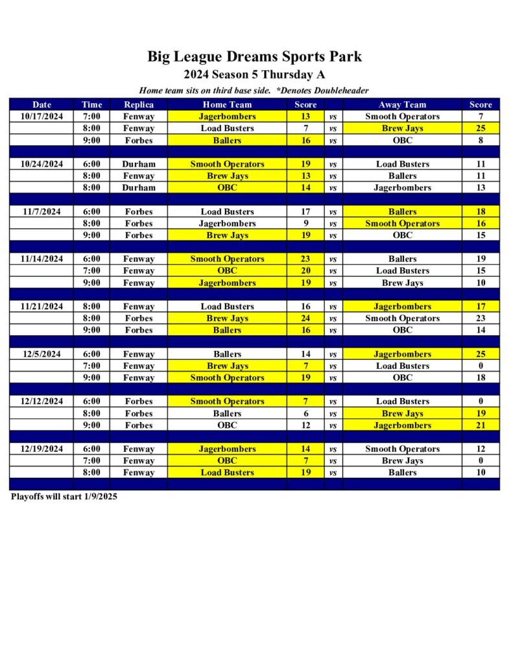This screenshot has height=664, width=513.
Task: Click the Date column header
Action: click(x=42, y=104)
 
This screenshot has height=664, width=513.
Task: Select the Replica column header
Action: click(x=139, y=104)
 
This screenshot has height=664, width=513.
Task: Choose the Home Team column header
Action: click(x=227, y=104)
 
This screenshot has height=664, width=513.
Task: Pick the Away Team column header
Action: click(x=402, y=104)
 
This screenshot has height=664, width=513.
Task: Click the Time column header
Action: click(x=91, y=104)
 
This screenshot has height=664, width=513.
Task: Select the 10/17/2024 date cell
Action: click(x=42, y=117)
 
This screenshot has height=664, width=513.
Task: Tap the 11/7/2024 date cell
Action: click(x=42, y=211)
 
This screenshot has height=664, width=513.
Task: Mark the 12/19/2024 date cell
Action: click(x=42, y=449)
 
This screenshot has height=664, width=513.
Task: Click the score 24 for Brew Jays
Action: click(x=305, y=318)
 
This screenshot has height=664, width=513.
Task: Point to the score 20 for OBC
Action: click(x=305, y=270)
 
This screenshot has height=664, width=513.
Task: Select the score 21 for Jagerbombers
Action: click(x=481, y=425)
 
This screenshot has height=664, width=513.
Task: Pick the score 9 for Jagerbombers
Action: click(x=305, y=224)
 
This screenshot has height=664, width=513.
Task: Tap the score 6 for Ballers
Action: click(x=305, y=413)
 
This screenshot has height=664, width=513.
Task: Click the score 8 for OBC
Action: click(x=481, y=140)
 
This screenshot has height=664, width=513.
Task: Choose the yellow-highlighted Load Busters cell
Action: click(x=227, y=473)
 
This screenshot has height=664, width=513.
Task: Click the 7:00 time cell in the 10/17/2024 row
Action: click(x=91, y=117)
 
